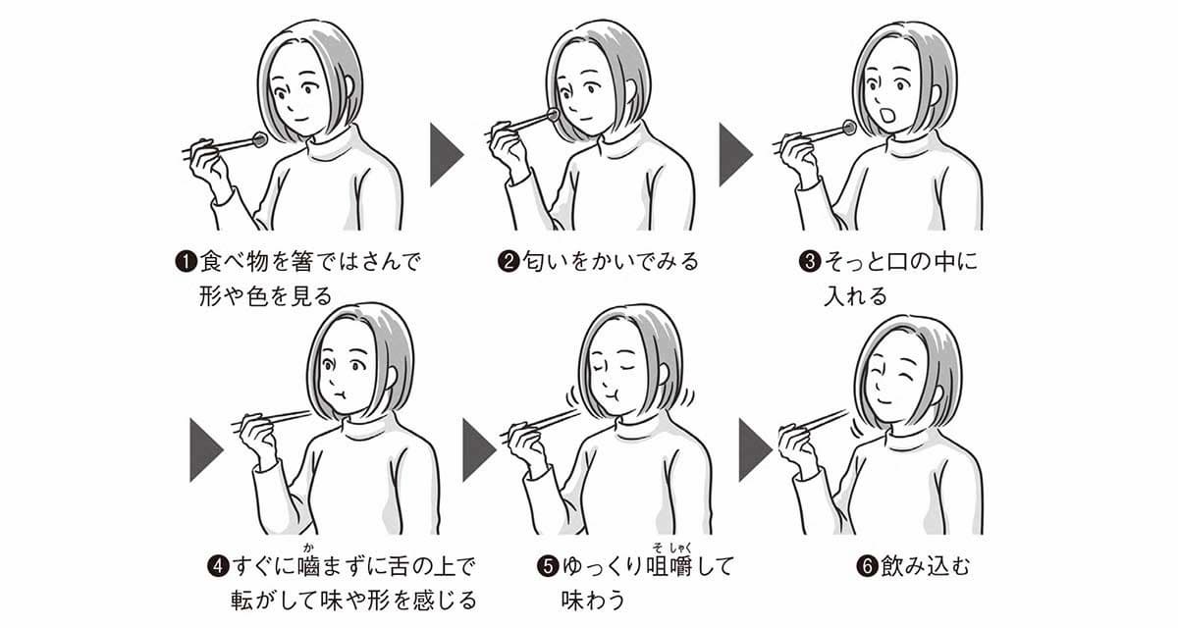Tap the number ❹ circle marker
click(218, 566)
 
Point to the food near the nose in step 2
click(553, 116)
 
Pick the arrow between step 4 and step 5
click(477, 450)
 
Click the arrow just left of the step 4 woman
click(204, 450)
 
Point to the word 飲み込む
click(923, 566)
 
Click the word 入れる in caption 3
click(854, 294)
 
